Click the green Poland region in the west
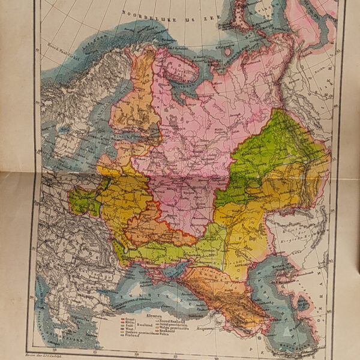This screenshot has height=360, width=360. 85,201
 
